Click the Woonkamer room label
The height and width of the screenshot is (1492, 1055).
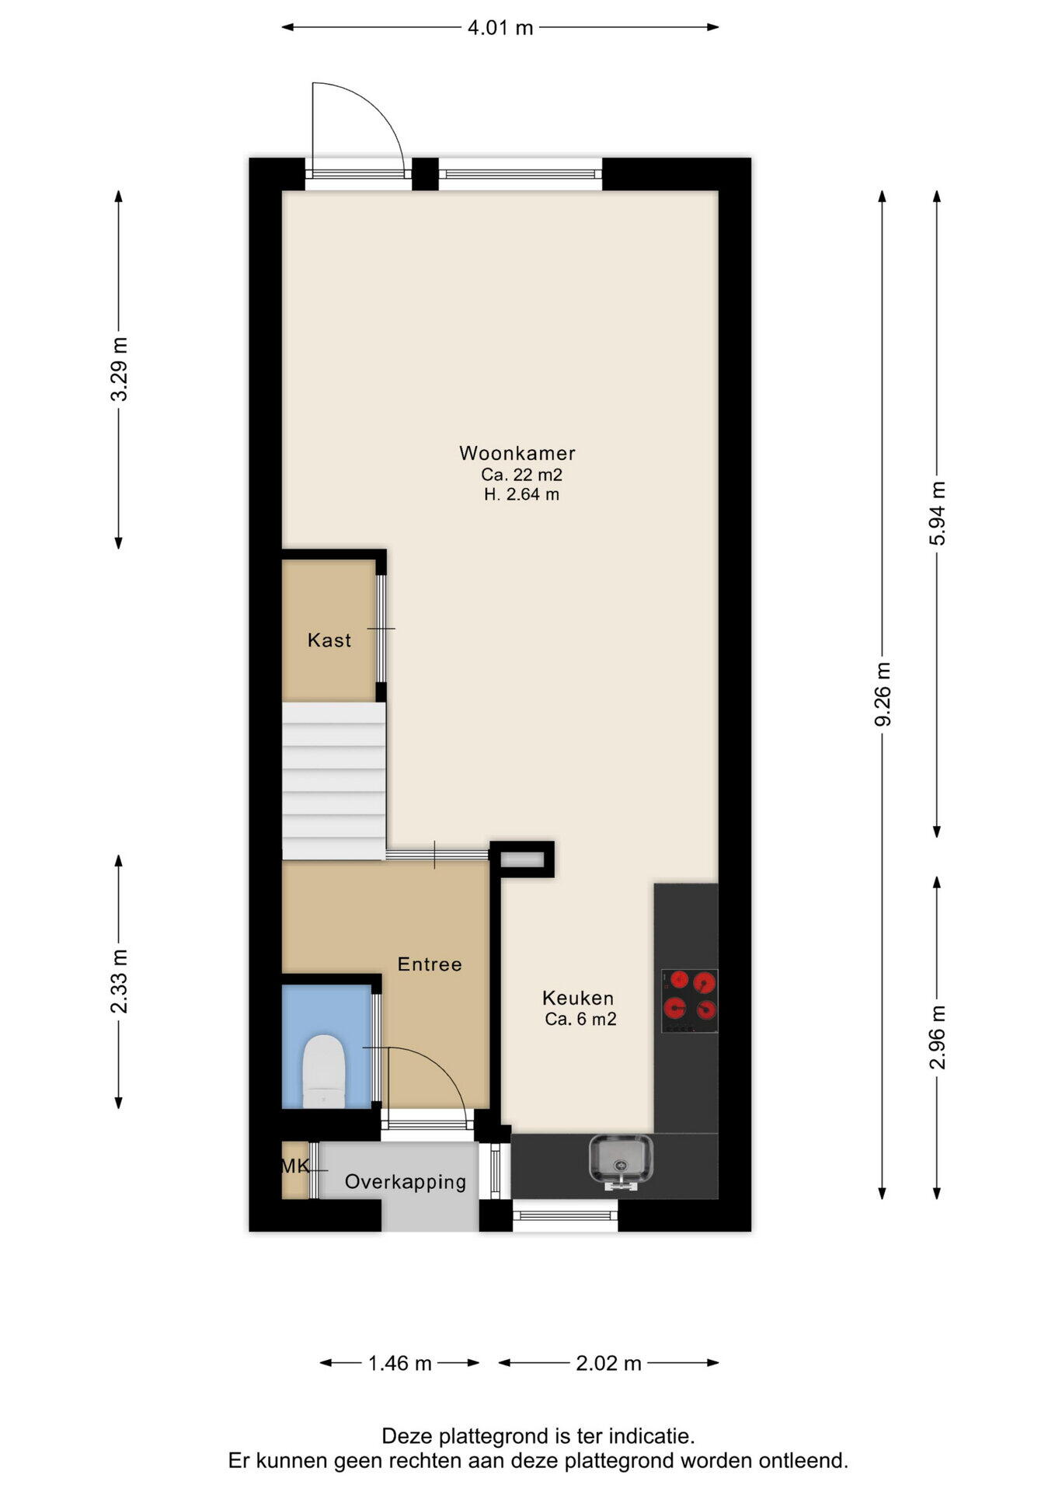pyautogui.click(x=517, y=453)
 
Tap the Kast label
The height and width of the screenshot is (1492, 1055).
pyautogui.click(x=329, y=640)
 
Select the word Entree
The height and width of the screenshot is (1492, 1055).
pyautogui.click(x=430, y=964)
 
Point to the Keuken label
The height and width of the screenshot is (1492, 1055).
pyautogui.click(x=578, y=998)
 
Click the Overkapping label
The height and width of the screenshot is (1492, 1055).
pyautogui.click(x=406, y=1183)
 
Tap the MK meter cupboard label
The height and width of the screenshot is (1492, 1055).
pyautogui.click(x=295, y=1166)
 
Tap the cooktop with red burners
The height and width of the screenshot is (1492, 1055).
pyautogui.click(x=689, y=1001)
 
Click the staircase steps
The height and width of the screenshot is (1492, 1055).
pyautogui.click(x=333, y=781)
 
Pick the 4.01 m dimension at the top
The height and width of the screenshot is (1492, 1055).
pyautogui.click(x=500, y=28)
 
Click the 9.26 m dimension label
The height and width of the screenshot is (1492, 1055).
pyautogui.click(x=883, y=694)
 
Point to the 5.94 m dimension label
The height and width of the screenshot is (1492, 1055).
pyautogui.click(x=938, y=513)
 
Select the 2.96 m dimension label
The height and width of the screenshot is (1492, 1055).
pyautogui.click(x=938, y=1037)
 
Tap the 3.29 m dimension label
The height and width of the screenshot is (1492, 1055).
pyautogui.click(x=119, y=369)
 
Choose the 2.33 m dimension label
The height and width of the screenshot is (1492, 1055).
pyautogui.click(x=119, y=981)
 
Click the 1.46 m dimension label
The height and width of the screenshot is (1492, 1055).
pyautogui.click(x=399, y=1363)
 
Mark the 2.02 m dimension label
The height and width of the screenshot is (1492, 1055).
pyautogui.click(x=608, y=1363)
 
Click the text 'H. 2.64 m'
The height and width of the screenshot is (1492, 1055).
pyautogui.click(x=521, y=494)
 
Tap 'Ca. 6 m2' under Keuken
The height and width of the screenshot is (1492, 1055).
pyautogui.click(x=580, y=1020)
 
